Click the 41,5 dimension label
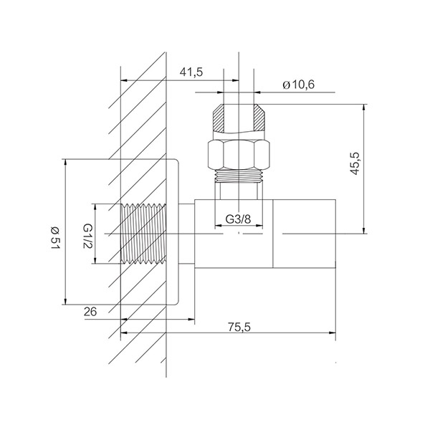[x=191, y=72]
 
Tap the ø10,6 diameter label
[x=299, y=85]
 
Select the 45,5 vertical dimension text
[x=355, y=163]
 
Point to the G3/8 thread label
[x=238, y=219]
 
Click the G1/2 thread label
[x=87, y=236]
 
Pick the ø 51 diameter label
[x=54, y=238]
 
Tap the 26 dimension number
[x=90, y=312]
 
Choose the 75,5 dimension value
[x=239, y=327]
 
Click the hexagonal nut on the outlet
[x=239, y=155]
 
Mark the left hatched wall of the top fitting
[x=219, y=118]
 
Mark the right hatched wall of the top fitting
[x=259, y=118]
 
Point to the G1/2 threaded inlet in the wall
[x=143, y=234]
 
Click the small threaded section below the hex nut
[x=239, y=176]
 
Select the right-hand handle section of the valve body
[x=304, y=234]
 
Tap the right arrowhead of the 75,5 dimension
[x=333, y=333]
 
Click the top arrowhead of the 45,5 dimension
[x=364, y=107]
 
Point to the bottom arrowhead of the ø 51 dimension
[x=65, y=301]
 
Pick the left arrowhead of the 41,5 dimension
[x=124, y=80]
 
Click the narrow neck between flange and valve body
[x=187, y=234]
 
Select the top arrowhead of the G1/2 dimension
[x=95, y=207]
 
